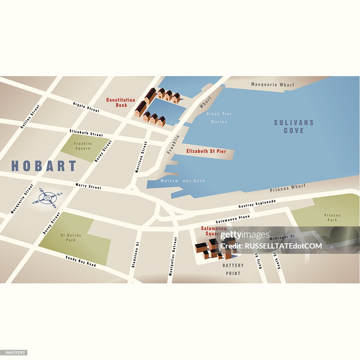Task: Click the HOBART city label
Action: coord(44,166)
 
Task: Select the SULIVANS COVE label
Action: coord(294,127)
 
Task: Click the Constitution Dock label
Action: coord(121,102)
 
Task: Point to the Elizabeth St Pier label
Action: coord(206,151)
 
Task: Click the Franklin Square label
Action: coord(83,146)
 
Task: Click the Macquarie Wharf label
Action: coord(273,85)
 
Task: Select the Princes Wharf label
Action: coord(288,188)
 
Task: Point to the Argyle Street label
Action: coord(86,107)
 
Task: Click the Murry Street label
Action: coord(88,186)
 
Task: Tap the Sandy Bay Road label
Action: coord(81,261)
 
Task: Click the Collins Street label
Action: coord(30,116)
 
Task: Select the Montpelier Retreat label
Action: coord(173,256)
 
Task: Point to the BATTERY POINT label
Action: coord(233,269)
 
